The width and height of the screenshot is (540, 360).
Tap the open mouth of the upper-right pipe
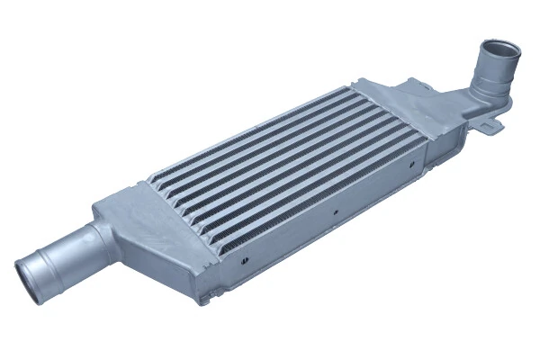point(496,48)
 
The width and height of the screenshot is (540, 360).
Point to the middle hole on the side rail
point(335,213)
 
